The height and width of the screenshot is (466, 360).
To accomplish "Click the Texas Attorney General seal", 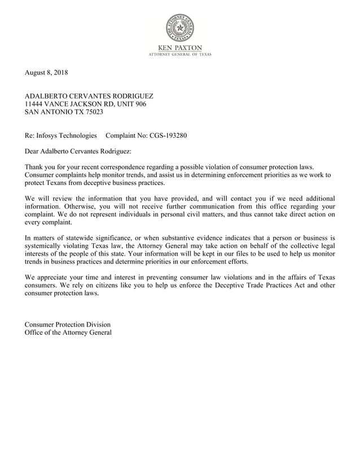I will pos(179,28).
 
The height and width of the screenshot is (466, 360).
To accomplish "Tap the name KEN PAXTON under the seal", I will pos(179,47).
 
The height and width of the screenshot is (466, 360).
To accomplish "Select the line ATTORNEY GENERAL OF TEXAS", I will pos(179,54).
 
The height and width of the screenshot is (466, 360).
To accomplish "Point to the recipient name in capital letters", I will pos(89,96).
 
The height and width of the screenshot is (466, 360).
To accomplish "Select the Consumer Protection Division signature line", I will pos(68,324).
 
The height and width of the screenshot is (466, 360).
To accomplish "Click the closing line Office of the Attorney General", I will pos(68,332).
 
